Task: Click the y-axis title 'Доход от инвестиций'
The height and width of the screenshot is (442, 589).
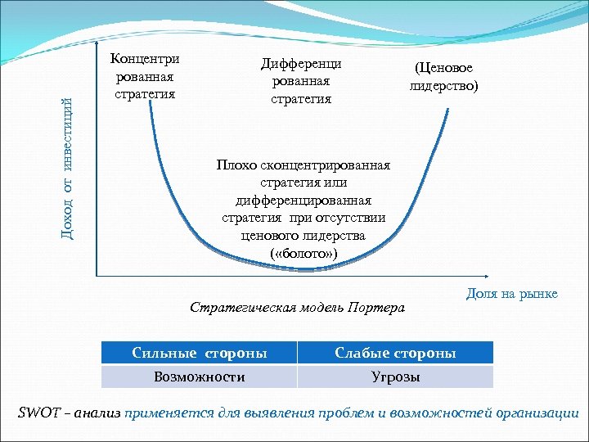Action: click(72, 169)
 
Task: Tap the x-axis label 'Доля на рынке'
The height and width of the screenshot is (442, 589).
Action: click(511, 294)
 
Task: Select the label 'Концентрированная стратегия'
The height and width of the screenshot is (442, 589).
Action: click(145, 76)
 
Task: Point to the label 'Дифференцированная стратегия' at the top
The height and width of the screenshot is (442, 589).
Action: click(301, 81)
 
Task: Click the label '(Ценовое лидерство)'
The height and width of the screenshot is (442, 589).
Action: click(444, 77)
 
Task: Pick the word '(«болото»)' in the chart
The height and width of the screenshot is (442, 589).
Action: click(303, 255)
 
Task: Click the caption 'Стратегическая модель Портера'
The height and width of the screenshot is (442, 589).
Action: click(297, 308)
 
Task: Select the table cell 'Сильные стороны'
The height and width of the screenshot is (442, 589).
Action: click(200, 353)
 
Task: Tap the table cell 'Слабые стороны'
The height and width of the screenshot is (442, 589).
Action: click(395, 353)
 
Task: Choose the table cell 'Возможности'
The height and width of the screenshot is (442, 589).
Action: click(200, 377)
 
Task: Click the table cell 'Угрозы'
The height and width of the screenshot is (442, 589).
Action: click(395, 377)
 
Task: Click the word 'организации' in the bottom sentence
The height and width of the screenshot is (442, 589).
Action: click(537, 413)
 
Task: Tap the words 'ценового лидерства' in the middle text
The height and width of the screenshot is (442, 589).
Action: click(304, 237)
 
